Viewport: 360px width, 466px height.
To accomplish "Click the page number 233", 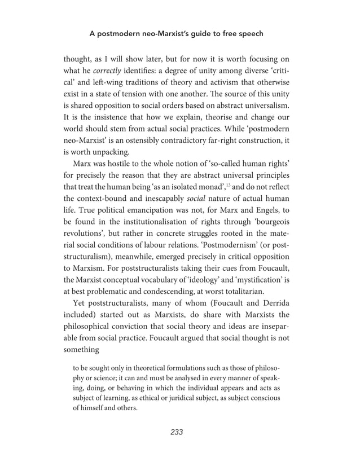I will point(177,432).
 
